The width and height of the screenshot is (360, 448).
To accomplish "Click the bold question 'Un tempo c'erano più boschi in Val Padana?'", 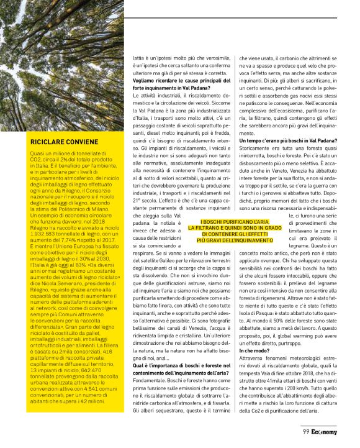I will tap(287, 140).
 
